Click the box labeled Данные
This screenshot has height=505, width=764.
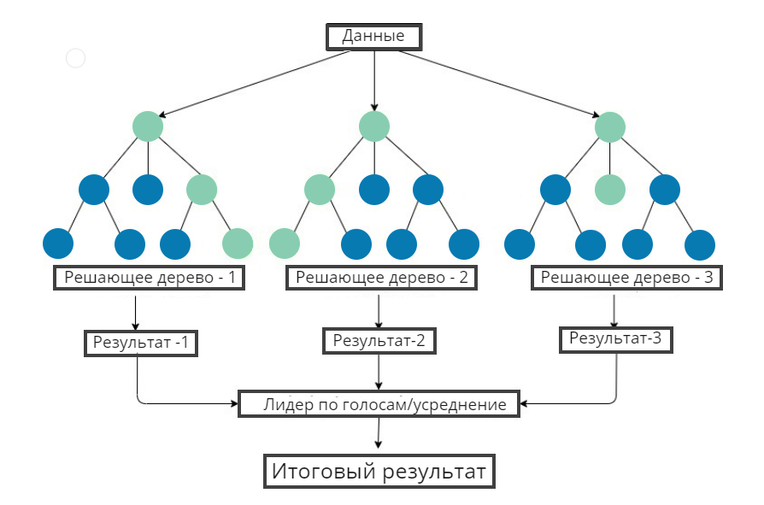[x=373, y=37]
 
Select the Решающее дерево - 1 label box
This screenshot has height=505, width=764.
[x=149, y=278]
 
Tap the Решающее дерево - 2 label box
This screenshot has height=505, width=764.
[x=381, y=278]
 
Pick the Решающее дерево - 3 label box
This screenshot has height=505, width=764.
[x=626, y=278]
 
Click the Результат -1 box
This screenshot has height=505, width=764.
[x=141, y=344]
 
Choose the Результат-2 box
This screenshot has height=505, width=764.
[x=379, y=341]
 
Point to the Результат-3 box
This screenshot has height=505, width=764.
[x=616, y=339]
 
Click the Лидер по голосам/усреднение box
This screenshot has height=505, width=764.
[x=379, y=403]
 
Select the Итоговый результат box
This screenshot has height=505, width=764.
[x=379, y=472]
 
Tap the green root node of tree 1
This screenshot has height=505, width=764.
[x=148, y=126]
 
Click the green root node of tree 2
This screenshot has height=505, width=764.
[x=374, y=126]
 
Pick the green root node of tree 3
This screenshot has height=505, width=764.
[x=610, y=127]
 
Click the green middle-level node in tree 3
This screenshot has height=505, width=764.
[x=610, y=190]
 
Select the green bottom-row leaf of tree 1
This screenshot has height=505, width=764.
[x=238, y=244]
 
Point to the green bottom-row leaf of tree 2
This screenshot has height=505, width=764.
[x=285, y=244]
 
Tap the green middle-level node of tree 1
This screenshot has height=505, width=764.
[x=202, y=190]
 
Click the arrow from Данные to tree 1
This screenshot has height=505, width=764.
[x=255, y=84]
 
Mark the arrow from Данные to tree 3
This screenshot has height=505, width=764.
[x=499, y=84]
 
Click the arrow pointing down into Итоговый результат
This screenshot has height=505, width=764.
[x=379, y=433]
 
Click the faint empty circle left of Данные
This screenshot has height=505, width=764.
[x=75, y=58]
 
